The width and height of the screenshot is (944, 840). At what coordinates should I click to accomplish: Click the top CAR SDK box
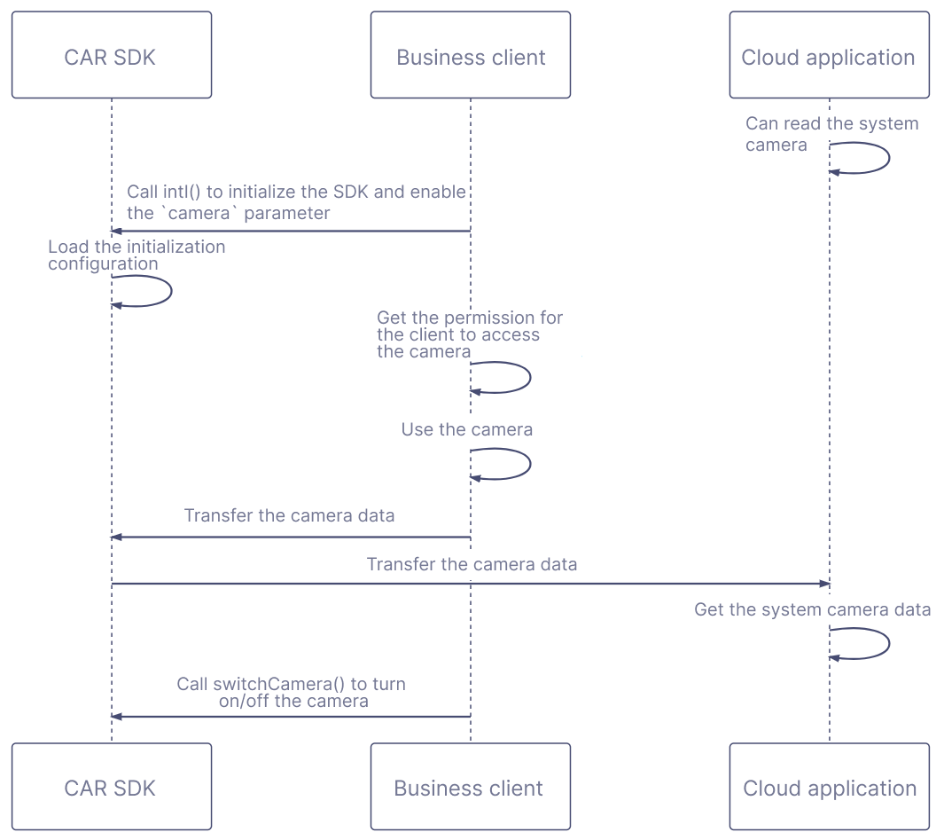tap(111, 55)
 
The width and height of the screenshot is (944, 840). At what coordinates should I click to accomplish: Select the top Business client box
tap(470, 55)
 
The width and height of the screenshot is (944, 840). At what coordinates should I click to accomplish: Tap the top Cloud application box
tap(829, 55)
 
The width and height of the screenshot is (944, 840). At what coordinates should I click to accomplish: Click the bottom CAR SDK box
tap(111, 787)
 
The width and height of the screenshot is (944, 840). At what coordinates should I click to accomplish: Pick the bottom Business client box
tap(470, 787)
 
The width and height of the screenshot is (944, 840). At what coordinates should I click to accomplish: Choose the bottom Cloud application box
tap(829, 787)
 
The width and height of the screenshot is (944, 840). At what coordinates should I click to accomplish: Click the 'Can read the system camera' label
tap(831, 134)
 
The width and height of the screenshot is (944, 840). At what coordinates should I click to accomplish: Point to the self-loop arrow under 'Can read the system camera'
tap(887, 159)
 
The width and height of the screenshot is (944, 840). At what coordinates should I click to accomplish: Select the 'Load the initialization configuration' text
tap(137, 255)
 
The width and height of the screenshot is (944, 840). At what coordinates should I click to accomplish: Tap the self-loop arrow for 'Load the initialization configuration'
tap(169, 291)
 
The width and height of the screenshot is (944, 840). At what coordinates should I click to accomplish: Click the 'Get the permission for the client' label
tap(469, 334)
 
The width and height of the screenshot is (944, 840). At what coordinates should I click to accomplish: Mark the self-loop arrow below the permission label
tap(528, 377)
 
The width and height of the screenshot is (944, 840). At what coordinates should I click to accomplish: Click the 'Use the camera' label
tap(467, 430)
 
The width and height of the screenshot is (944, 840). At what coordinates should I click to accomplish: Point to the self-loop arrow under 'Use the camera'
tap(528, 464)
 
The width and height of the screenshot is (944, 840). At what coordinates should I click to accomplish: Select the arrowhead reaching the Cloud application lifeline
tap(824, 584)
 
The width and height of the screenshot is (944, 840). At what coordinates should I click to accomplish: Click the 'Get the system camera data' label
tap(812, 609)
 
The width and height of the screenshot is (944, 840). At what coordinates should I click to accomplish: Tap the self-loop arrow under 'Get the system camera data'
tap(887, 643)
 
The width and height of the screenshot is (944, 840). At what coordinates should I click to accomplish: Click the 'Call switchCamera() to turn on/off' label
tap(292, 692)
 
